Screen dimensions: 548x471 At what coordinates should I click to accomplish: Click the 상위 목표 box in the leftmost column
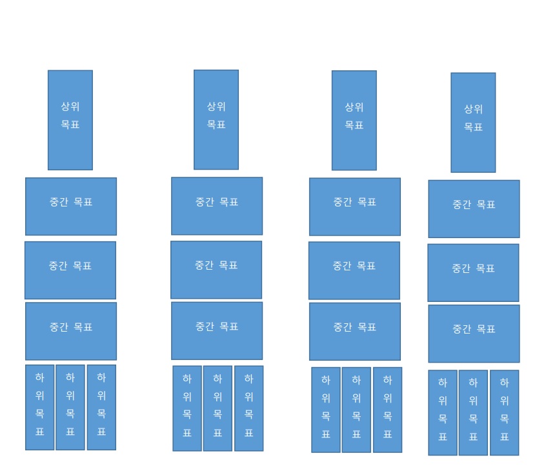(70, 120)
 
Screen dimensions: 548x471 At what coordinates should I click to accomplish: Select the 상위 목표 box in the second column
(216, 119)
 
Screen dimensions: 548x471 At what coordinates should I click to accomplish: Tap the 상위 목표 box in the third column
(354, 120)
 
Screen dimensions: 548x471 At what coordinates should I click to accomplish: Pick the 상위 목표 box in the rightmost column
(473, 123)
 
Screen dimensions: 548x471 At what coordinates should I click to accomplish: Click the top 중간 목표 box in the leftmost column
(71, 206)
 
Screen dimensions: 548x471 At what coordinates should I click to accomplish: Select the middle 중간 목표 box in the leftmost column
(70, 270)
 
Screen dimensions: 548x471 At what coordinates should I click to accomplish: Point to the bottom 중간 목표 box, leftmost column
(71, 331)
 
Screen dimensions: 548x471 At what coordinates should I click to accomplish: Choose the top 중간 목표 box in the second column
(217, 206)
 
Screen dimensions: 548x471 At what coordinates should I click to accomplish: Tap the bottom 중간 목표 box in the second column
(217, 330)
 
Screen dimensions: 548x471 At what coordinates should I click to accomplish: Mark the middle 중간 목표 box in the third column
(354, 270)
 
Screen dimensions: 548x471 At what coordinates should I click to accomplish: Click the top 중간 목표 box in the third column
(355, 206)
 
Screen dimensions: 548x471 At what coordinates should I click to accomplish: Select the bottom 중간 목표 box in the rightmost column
(474, 334)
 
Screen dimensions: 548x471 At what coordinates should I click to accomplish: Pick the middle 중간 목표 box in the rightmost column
(473, 272)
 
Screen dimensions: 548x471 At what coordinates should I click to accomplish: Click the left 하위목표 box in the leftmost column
(40, 407)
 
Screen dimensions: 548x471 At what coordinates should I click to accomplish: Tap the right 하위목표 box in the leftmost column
(101, 407)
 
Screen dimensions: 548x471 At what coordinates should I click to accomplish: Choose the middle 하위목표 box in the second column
(218, 408)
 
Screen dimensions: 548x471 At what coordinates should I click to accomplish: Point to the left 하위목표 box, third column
(326, 410)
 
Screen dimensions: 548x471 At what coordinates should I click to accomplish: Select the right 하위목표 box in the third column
(387, 410)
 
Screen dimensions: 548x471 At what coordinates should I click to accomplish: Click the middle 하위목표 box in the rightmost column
(473, 412)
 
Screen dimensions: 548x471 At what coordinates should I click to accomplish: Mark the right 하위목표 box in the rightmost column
(504, 412)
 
